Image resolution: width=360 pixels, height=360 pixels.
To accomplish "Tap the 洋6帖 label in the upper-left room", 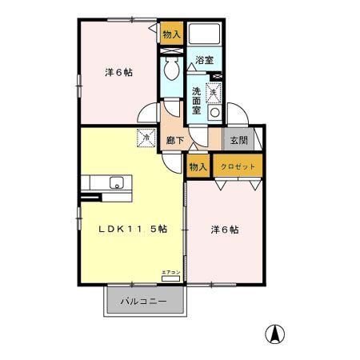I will [x=118, y=72].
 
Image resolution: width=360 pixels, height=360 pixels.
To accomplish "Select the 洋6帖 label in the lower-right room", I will [x=225, y=230].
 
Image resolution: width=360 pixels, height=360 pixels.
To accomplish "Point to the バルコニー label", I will [x=143, y=302].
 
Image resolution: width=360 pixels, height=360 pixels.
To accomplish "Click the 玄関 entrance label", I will [x=238, y=140].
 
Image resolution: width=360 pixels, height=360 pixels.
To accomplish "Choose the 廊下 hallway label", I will [x=175, y=140].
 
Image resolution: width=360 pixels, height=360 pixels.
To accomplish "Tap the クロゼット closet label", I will [x=238, y=166].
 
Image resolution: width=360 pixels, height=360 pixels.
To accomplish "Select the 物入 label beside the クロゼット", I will [x=198, y=166].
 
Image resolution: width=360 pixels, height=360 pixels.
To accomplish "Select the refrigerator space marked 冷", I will [x=146, y=138].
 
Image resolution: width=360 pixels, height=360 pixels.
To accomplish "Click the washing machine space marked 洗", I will [x=213, y=94].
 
